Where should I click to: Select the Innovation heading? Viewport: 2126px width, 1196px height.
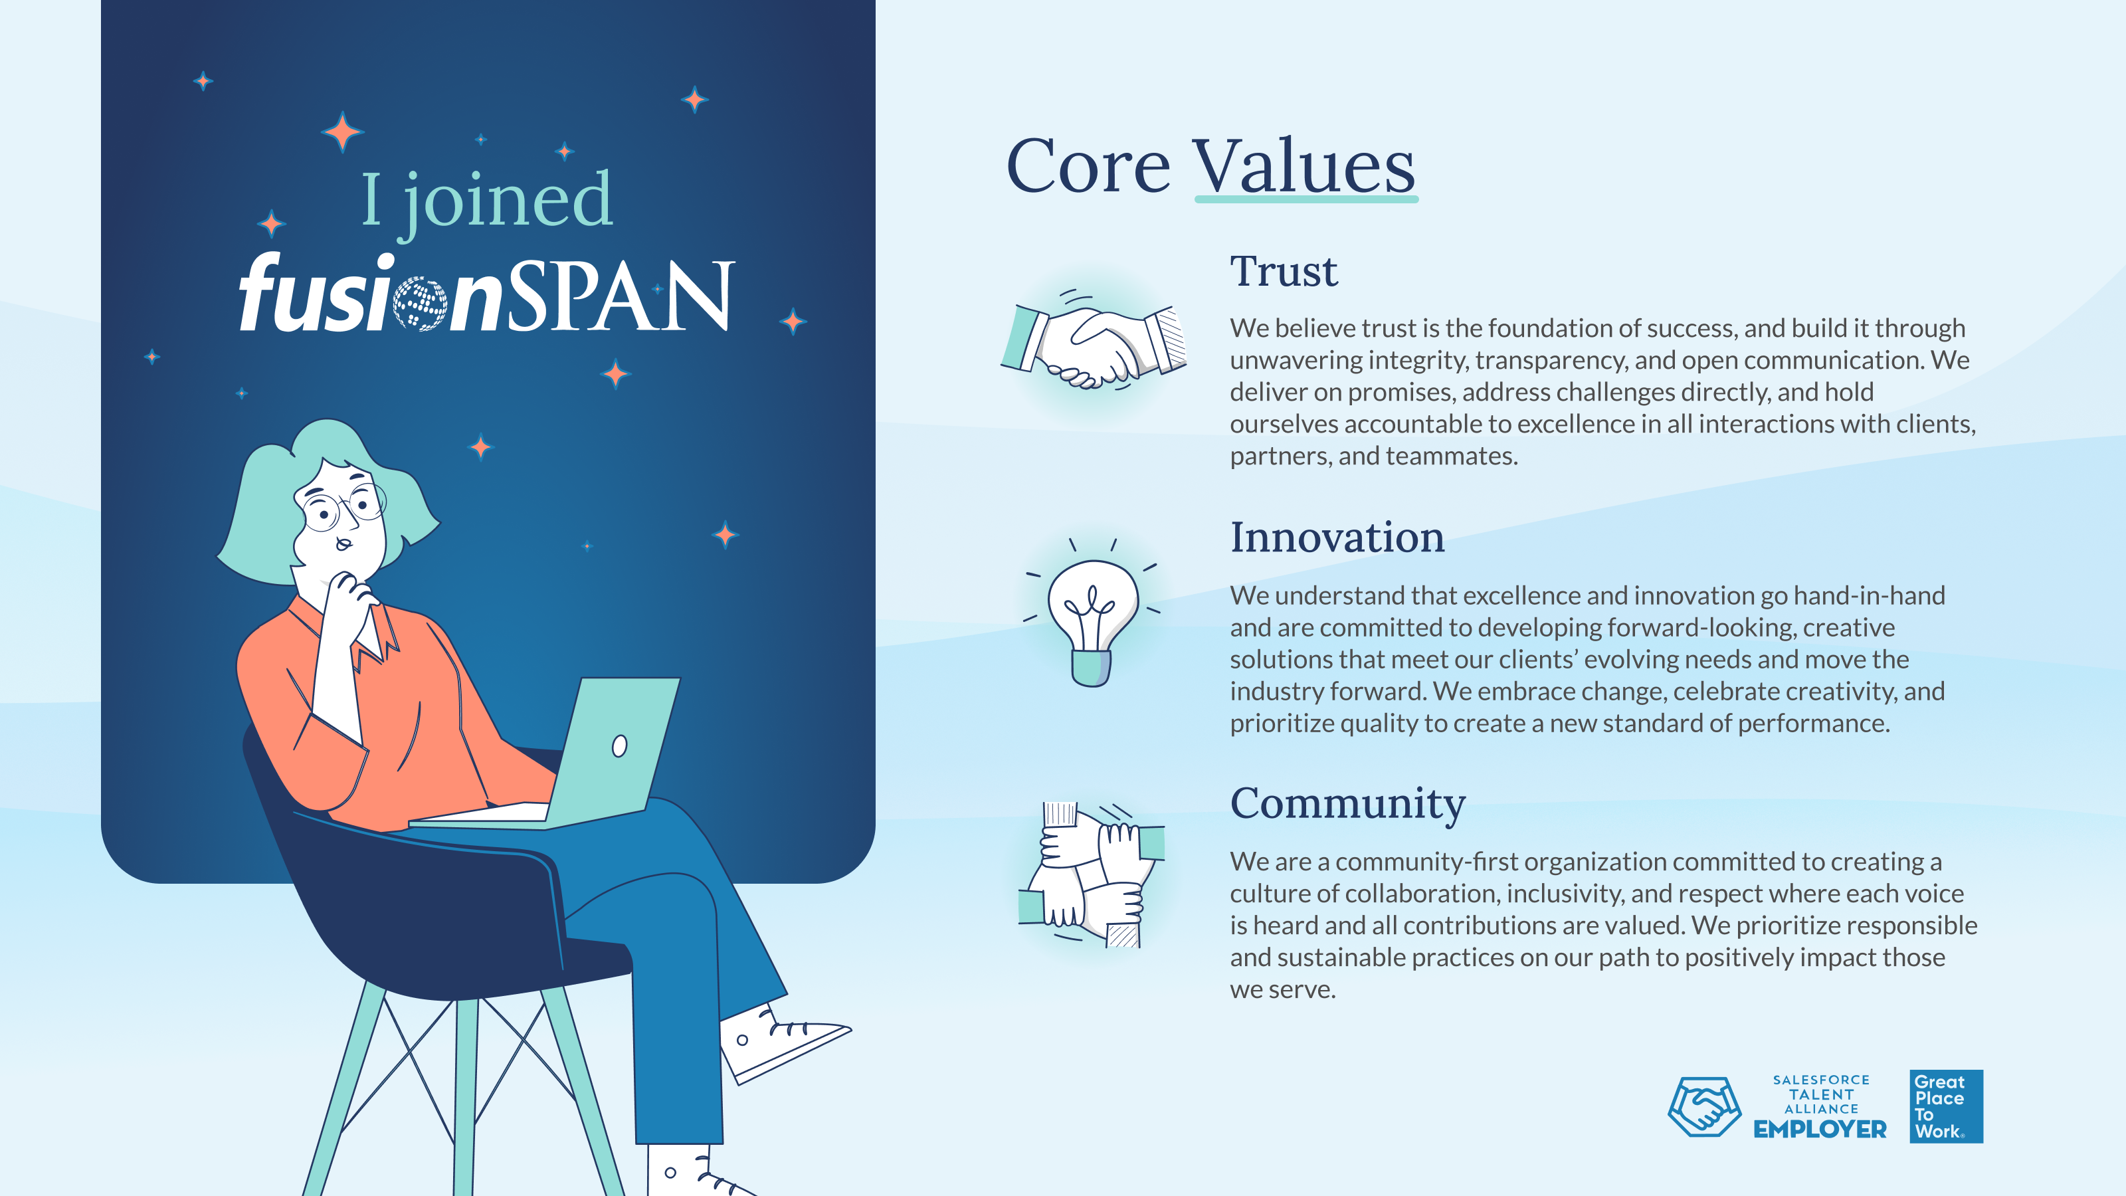[x=1337, y=538]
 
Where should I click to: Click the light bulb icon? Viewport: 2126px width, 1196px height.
[x=1092, y=613]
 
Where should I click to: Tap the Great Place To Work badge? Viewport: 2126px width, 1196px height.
[x=1946, y=1106]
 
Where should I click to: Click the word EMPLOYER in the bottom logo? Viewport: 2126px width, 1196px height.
[x=1820, y=1129]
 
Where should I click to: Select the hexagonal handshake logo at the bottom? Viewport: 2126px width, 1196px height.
[x=1704, y=1107]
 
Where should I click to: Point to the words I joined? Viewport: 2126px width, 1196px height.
[x=487, y=202]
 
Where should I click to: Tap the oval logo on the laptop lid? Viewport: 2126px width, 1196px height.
[x=619, y=746]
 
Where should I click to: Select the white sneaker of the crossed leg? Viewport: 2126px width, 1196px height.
[x=784, y=1042]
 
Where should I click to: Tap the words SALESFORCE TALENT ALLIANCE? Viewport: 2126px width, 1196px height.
[x=1820, y=1094]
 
